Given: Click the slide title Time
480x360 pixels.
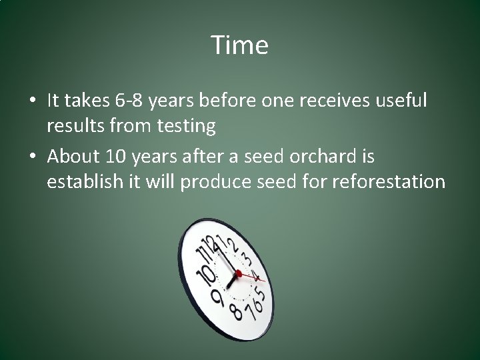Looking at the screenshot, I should click(240, 45).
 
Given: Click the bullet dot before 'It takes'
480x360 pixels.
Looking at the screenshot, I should click(32, 101).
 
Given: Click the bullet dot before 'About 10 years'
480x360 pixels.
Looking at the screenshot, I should click(32, 158).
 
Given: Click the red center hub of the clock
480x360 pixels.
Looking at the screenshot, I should click(238, 273).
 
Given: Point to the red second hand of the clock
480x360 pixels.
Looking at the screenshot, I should click(253, 275).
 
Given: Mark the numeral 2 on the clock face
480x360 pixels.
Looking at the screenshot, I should click(233, 245).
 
